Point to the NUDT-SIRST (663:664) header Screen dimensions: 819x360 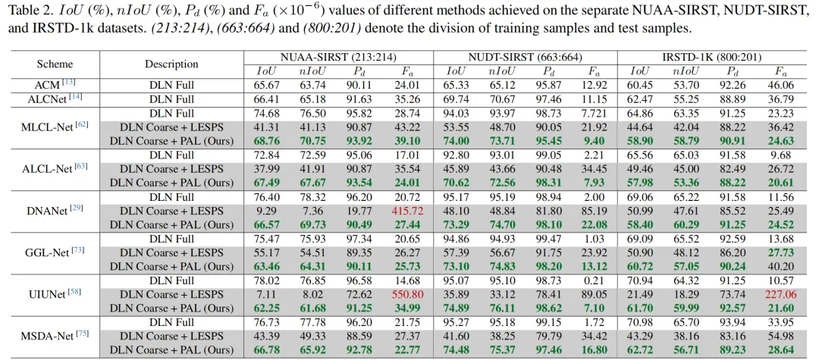click(526, 58)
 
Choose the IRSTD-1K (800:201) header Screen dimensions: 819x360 click(710, 58)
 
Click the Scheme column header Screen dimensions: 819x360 click(55, 64)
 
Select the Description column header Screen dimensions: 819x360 click(172, 64)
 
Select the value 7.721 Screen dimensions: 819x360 click(595, 114)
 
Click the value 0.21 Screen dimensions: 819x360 click(595, 280)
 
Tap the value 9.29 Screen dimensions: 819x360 click(265, 211)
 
